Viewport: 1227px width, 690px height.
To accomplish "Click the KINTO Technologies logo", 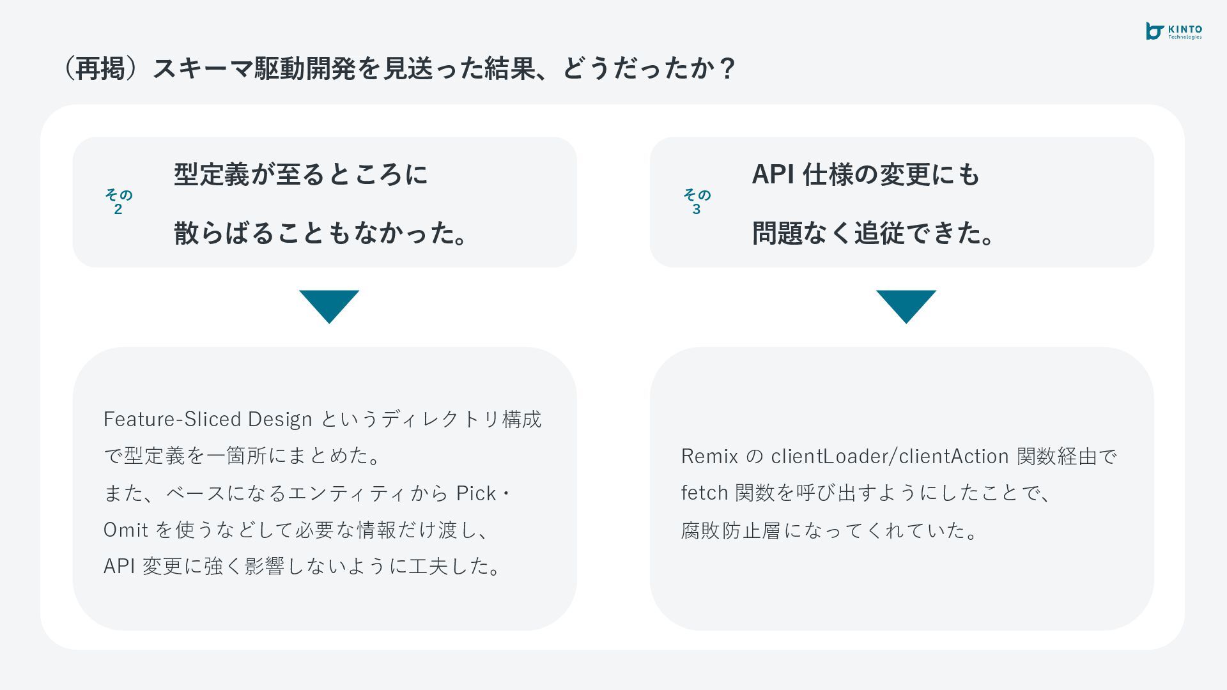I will [x=1173, y=31].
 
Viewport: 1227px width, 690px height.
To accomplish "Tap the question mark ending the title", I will [x=727, y=68].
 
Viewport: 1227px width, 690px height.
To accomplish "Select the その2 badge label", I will [x=118, y=201].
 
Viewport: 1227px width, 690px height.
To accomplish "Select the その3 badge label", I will [x=697, y=201].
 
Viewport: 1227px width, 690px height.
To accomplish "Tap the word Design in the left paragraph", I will [x=280, y=419].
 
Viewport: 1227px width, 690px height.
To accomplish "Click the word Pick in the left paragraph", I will [x=476, y=493].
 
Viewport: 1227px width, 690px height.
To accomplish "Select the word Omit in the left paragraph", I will [x=126, y=530].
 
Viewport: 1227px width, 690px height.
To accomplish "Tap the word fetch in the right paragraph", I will [x=704, y=493].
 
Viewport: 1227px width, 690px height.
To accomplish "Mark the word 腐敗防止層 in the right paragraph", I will [x=730, y=530].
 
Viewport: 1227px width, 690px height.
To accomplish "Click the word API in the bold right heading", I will [x=773, y=174].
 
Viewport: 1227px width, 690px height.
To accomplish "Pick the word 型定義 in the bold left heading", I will [x=212, y=174].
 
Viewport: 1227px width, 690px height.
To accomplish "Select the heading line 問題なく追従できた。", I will [x=873, y=233].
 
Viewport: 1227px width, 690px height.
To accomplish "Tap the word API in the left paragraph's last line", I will [x=119, y=566].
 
